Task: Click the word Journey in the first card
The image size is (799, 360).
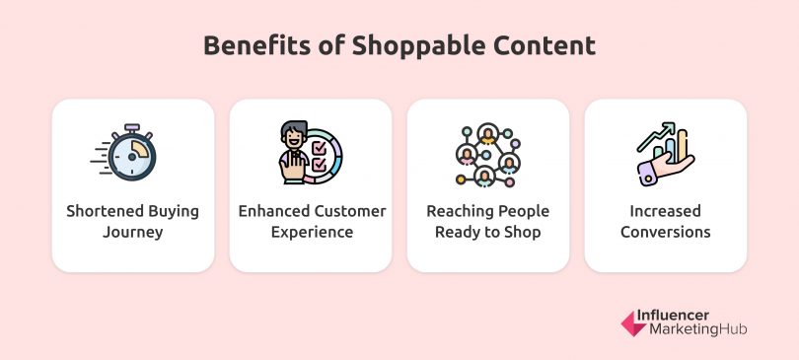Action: click(132, 233)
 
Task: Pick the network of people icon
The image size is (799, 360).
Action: click(487, 155)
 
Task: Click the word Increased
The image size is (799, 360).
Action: click(666, 211)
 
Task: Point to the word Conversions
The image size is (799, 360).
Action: click(666, 233)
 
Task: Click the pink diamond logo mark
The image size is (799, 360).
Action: click(632, 323)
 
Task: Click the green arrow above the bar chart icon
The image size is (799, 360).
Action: click(657, 133)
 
